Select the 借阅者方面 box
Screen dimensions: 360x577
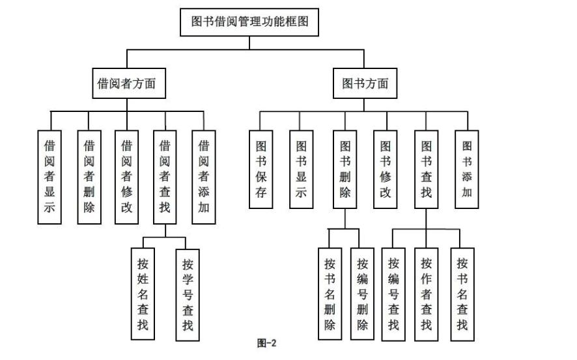126,83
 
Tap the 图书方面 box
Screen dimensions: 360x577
365,83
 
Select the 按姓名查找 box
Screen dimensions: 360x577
143,294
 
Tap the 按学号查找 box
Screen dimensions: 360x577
188,294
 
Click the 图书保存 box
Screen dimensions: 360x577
260,169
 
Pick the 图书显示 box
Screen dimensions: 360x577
301,169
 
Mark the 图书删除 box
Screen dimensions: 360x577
345,169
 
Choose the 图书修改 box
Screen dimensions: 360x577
386,169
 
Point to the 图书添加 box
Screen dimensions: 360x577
467,169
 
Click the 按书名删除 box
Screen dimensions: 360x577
330,294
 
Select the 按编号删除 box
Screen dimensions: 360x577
363,294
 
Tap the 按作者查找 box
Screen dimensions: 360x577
427,294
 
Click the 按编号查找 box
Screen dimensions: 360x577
393,294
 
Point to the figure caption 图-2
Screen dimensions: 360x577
268,343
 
